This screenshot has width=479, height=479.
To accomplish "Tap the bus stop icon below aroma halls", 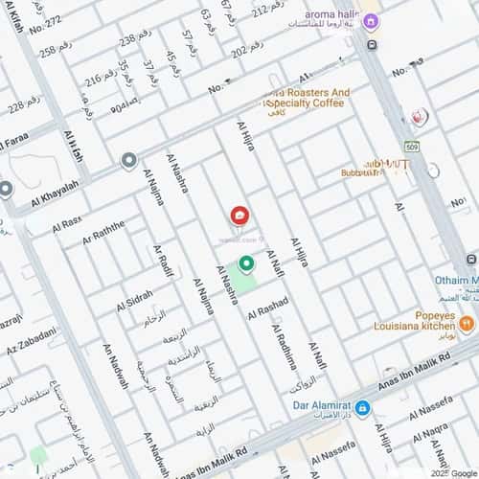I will pyautogui.click(x=372, y=45).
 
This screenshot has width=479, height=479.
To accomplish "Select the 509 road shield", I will pyautogui.click(x=412, y=147).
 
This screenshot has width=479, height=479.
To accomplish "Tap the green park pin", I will pyautogui.click(x=246, y=264).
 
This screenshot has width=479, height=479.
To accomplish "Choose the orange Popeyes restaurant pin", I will pyautogui.click(x=467, y=324).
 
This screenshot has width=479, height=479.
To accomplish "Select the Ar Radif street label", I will pyautogui.click(x=163, y=260).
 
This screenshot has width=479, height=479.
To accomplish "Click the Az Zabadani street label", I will pyautogui.click(x=30, y=338).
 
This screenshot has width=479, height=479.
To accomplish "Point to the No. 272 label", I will pyautogui.click(x=45, y=20).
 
